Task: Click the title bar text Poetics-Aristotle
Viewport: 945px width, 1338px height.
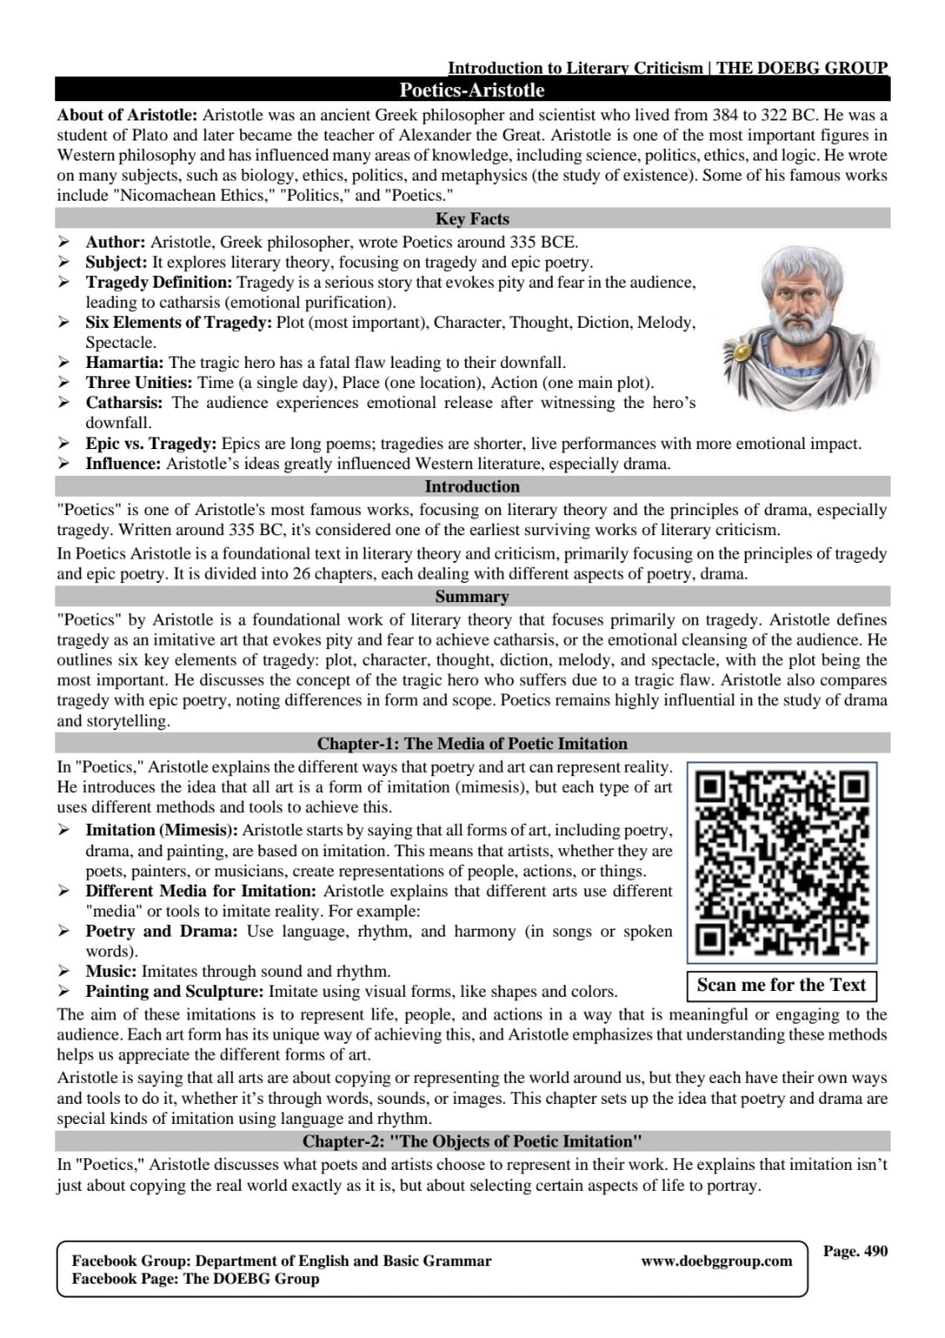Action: click(x=472, y=90)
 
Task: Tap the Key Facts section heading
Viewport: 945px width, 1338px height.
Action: click(x=472, y=219)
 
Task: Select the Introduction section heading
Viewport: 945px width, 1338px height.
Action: click(x=472, y=487)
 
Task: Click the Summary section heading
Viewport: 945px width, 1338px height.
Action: click(x=472, y=597)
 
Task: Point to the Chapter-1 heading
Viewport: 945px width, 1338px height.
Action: click(x=472, y=743)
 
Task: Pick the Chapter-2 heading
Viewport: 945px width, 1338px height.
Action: click(x=472, y=1141)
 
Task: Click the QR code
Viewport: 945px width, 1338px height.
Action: click(x=782, y=862)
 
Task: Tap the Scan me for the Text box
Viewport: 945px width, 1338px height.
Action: click(x=781, y=985)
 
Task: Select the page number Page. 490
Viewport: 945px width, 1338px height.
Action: click(x=855, y=1251)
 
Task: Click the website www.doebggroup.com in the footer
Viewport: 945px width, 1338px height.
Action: click(x=716, y=1261)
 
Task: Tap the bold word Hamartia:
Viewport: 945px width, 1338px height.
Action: click(x=125, y=363)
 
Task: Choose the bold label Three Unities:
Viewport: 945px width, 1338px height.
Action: click(x=139, y=383)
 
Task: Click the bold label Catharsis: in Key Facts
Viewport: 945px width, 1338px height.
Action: click(x=125, y=403)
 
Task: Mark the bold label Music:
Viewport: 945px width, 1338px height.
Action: click(x=111, y=972)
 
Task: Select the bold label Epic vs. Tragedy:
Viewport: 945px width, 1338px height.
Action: click(x=151, y=444)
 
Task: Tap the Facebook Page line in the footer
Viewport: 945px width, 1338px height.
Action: click(x=196, y=1279)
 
